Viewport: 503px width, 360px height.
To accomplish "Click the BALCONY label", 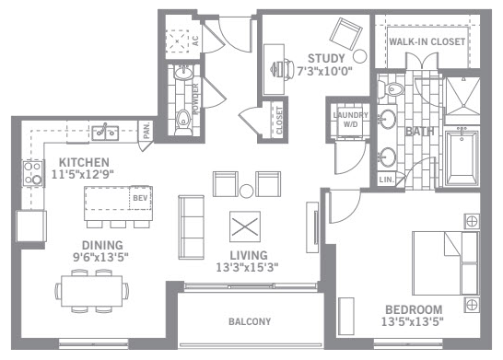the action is point(250,321).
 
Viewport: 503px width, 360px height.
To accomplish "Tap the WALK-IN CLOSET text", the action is point(427,41).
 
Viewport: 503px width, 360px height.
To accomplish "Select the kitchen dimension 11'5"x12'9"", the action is point(83,174).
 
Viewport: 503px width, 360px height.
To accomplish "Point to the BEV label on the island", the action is point(140,198).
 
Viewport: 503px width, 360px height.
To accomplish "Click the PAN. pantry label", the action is point(146,131).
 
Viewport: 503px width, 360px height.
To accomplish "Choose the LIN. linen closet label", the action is point(386,180).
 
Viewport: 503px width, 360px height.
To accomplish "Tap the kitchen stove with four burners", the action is point(33,174).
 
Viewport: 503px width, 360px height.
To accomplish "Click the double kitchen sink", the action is point(105,133).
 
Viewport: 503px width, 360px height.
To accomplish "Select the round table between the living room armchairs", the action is point(246,192).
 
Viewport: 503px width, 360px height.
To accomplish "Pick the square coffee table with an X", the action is point(245,226).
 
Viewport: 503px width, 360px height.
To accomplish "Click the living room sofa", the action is point(192,227).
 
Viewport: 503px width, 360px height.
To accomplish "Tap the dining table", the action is point(91,291).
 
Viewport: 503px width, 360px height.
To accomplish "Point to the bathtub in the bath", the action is point(462,158).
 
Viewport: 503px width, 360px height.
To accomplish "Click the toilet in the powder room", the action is point(183,122).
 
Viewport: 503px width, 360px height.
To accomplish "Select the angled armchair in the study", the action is point(345,34).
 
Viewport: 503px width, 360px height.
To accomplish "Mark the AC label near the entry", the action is point(195,41).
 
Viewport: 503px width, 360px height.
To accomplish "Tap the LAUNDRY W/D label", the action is point(350,120).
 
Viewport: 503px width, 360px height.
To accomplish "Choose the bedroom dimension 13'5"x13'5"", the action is point(413,321).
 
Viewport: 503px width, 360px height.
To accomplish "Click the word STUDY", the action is point(326,58).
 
